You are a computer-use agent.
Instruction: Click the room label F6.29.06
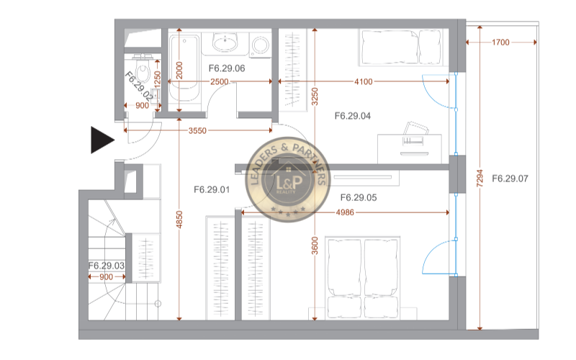tap(227, 68)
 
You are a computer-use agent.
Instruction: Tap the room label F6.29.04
tap(353, 116)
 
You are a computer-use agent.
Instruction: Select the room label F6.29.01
tap(212, 190)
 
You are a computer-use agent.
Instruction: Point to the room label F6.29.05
tap(359, 197)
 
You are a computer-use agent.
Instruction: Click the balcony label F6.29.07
tap(510, 179)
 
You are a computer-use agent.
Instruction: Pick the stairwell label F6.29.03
tap(107, 266)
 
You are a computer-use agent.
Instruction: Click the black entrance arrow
tap(102, 140)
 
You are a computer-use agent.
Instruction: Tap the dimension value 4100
tap(364, 81)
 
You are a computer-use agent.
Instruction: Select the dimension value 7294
tap(480, 178)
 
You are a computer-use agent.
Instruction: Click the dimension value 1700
tap(500, 42)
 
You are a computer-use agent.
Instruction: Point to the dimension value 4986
tap(345, 212)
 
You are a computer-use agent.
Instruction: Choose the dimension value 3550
tap(197, 130)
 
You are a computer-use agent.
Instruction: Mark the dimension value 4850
tap(179, 220)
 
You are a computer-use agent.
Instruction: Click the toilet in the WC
tap(143, 69)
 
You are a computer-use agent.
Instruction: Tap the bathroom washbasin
tap(225, 42)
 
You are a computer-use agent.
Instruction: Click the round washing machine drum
tap(261, 45)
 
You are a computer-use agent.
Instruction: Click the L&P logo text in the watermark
tap(289, 182)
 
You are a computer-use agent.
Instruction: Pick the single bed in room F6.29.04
tap(401, 47)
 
